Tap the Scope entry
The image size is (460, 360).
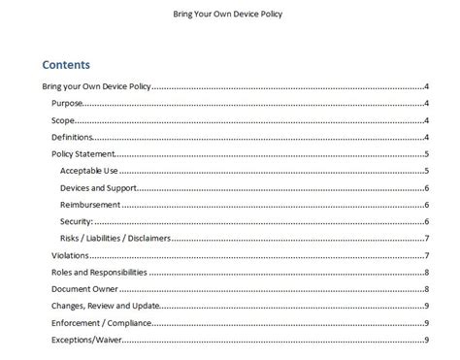click(64, 120)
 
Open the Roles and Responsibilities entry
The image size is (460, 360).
click(99, 272)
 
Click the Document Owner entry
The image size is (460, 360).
click(84, 289)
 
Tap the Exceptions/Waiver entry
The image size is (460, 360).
click(84, 340)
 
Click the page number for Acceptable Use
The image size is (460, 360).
click(427, 171)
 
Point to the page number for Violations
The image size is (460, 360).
click(427, 255)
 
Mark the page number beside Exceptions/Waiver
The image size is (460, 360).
click(427, 340)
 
